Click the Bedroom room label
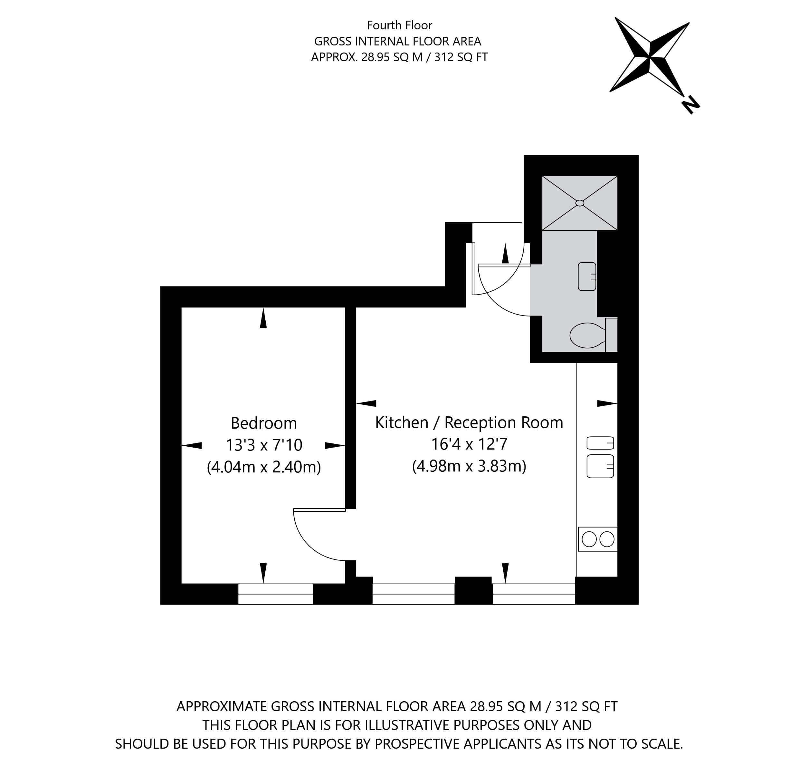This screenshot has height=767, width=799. [264, 423]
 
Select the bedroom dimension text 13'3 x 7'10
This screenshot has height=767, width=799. [264, 445]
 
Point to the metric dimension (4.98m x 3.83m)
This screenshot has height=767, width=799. [469, 466]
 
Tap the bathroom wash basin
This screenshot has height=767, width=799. [587, 276]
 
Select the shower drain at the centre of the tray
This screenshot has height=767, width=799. [580, 203]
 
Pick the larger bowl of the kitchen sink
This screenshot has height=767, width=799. [600, 466]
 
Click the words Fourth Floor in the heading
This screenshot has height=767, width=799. [399, 25]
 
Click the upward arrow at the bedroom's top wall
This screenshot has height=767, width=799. [263, 318]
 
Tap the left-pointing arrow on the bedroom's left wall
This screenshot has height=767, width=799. [192, 445]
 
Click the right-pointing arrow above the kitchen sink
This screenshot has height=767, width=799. [607, 403]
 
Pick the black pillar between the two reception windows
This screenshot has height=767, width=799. [473, 590]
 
